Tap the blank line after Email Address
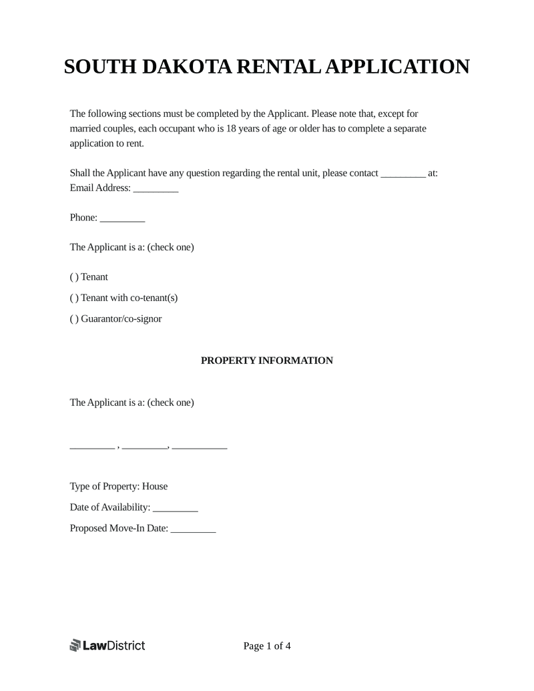point(156,190)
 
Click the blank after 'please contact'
point(403,174)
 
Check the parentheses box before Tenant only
point(73,277)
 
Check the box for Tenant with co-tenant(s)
point(73,298)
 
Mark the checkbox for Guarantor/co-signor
point(73,319)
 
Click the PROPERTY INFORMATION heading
point(267,361)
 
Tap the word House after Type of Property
point(155,487)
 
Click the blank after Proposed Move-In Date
point(194,530)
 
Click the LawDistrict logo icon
point(75,646)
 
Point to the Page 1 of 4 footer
point(267,646)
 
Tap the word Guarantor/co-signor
point(121,319)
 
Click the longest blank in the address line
point(200,447)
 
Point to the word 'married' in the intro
point(86,128)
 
